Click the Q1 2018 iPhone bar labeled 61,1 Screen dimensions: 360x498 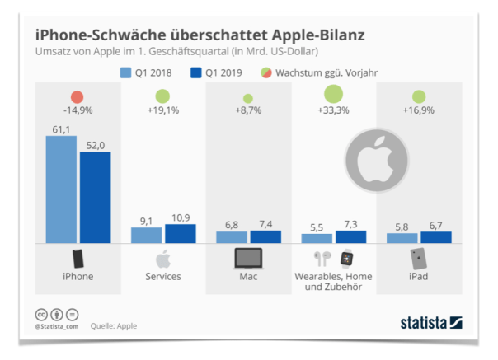pos(61,189)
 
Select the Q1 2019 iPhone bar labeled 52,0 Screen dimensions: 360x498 pos(95,198)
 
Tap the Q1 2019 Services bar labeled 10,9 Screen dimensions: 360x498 pos(180,233)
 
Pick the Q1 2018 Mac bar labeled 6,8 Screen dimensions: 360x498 pos(231,237)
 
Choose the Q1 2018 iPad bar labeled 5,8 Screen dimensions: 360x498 pos(402,238)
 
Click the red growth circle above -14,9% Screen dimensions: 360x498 pos(78,97)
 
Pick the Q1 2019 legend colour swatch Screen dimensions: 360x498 pos(195,72)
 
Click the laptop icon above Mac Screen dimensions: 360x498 pos(248,258)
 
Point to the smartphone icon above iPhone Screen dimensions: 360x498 pos(78,258)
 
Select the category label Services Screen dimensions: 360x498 pos(163,277)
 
